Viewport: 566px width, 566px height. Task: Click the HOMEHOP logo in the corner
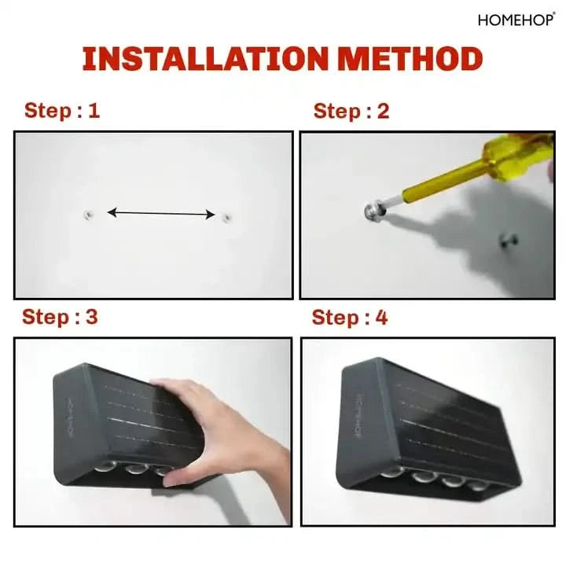click(516, 20)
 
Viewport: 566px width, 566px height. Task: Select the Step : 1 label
click(62, 111)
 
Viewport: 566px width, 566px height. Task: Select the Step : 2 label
click(351, 111)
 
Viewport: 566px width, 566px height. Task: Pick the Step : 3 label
click(61, 318)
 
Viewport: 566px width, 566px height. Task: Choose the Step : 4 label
click(350, 318)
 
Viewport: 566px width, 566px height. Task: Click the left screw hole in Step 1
click(88, 213)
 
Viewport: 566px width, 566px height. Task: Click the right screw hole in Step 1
click(226, 216)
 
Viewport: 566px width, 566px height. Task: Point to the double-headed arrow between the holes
click(161, 212)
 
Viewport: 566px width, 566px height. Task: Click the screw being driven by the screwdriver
click(373, 211)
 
